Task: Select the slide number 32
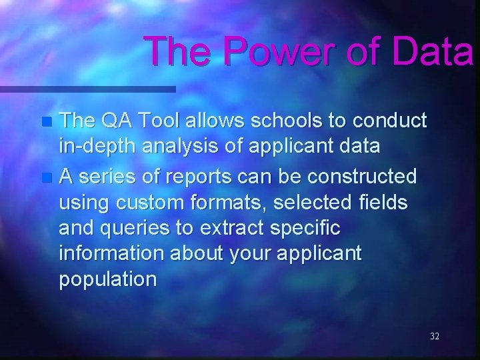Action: pos(435,337)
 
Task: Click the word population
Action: pos(108,279)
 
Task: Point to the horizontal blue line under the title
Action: pos(87,89)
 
